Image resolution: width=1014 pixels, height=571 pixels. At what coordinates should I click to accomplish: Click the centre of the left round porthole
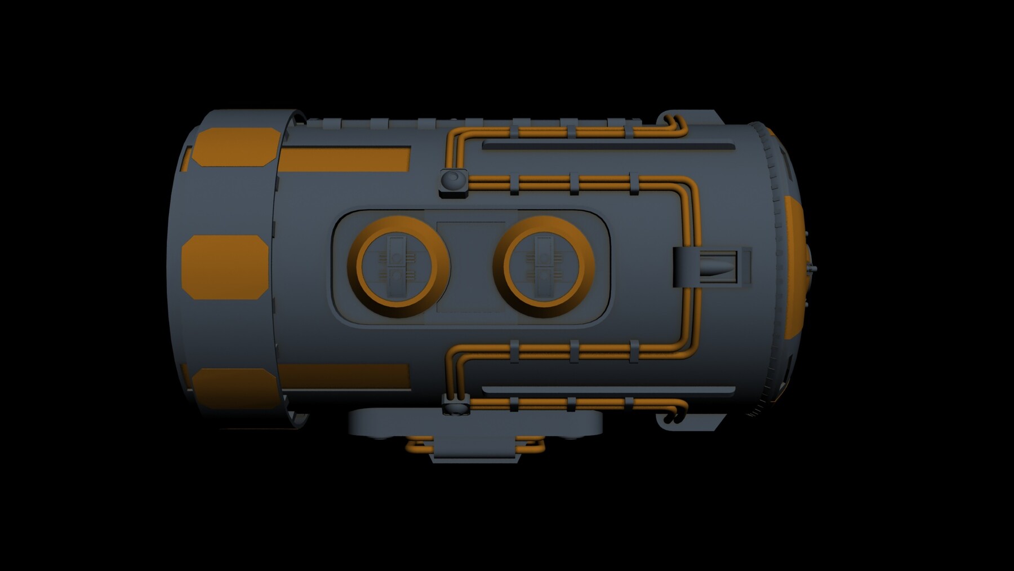click(398, 266)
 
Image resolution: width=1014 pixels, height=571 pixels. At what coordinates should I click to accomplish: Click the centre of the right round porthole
click(544, 266)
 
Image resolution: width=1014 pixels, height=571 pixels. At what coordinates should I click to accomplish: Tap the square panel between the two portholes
click(470, 267)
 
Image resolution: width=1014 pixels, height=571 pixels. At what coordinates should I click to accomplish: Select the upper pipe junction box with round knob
click(453, 182)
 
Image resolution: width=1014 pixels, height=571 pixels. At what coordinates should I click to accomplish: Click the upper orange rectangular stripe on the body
click(344, 159)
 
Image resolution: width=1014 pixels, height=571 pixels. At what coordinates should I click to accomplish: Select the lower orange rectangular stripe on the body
click(344, 376)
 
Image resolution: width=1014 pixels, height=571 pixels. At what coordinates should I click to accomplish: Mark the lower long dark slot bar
click(608, 389)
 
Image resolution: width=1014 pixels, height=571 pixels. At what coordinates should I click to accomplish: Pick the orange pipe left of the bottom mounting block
click(418, 445)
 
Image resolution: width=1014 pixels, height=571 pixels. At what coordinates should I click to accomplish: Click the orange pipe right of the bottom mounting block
click(532, 445)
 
